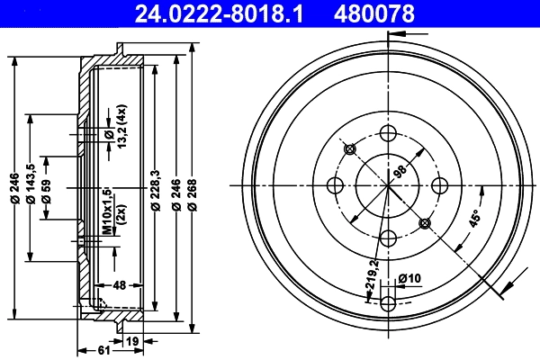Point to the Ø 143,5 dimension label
[x=32, y=185]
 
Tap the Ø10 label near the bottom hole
[x=408, y=277]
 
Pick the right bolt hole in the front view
[x=441, y=185]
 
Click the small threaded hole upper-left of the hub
[x=351, y=148]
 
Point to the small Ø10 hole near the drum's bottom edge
[x=389, y=301]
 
